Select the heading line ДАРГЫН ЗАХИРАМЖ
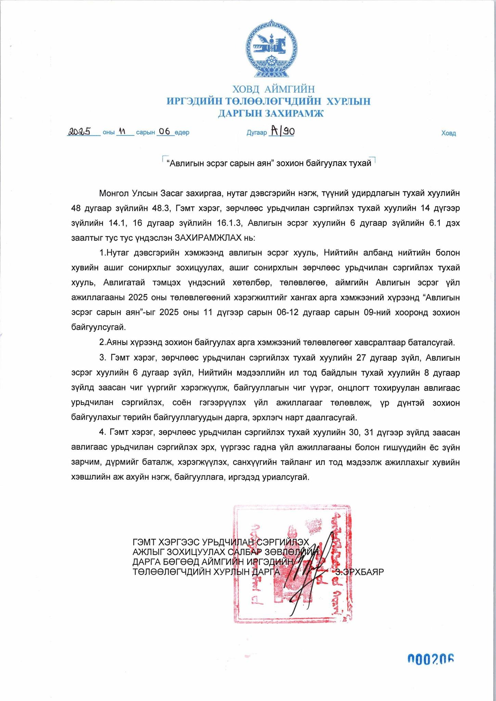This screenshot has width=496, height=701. click(270, 113)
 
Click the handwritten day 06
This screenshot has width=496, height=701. click(165, 131)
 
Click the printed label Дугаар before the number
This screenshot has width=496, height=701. click(256, 133)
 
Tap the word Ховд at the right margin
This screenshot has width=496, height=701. click(448, 133)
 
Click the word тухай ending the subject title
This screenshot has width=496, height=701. click(359, 163)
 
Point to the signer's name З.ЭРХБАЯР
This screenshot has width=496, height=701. click(359, 572)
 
